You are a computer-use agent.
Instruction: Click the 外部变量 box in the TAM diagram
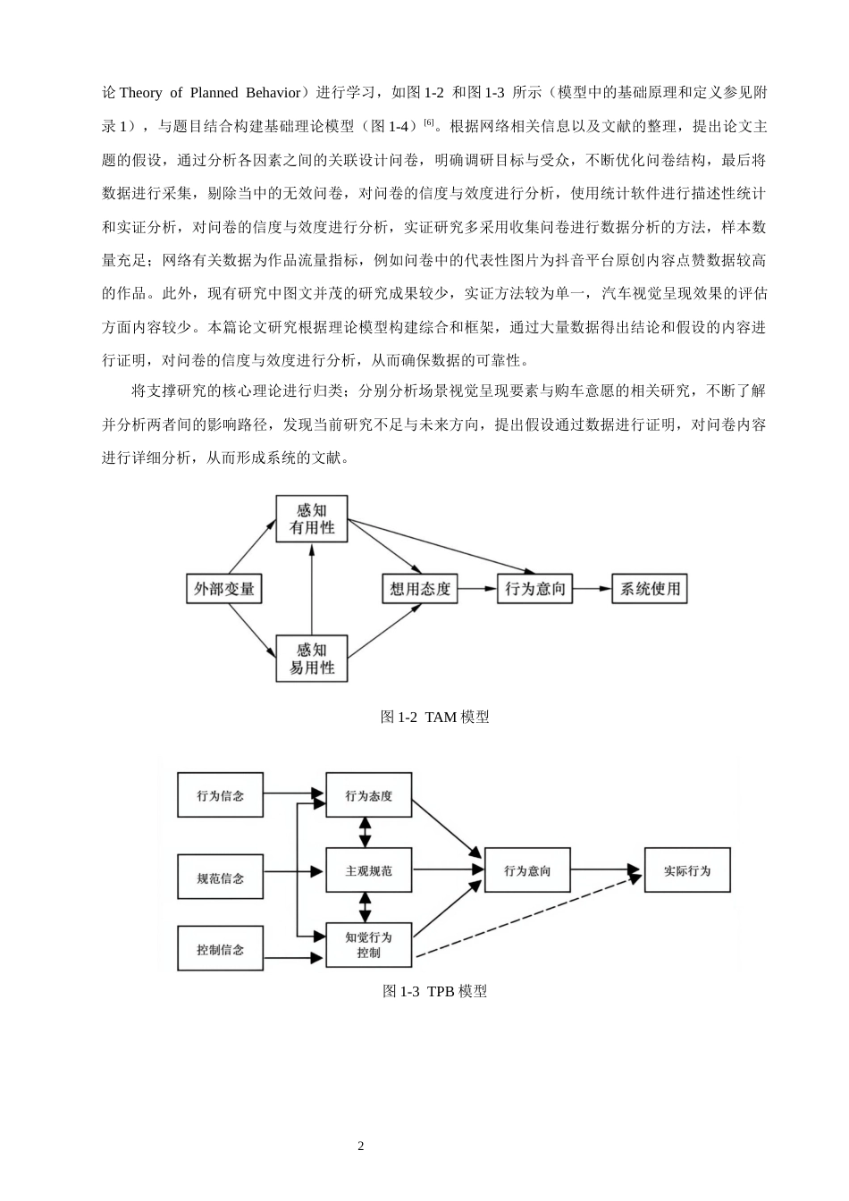point(223,589)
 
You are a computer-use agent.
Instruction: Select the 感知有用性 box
point(312,518)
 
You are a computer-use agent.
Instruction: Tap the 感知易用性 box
point(312,659)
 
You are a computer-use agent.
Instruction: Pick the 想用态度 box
point(420,589)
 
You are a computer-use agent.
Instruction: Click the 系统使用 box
point(650,589)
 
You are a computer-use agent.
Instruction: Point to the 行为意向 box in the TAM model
point(534,589)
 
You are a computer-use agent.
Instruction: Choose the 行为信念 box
point(221,794)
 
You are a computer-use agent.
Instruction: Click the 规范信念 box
point(221,877)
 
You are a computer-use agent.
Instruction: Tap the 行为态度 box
point(369,794)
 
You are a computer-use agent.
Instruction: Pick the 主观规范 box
point(369,869)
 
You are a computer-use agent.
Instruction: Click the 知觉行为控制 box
point(369,945)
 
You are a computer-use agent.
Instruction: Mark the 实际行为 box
point(687,869)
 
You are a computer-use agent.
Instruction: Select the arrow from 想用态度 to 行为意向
point(477,589)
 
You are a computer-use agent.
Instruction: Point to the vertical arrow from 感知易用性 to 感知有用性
point(312,589)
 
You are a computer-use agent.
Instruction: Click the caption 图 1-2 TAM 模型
point(434,717)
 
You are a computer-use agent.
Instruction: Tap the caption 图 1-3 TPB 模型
point(434,991)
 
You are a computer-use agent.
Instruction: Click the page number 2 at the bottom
point(361,1146)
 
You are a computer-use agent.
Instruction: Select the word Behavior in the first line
point(273,93)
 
